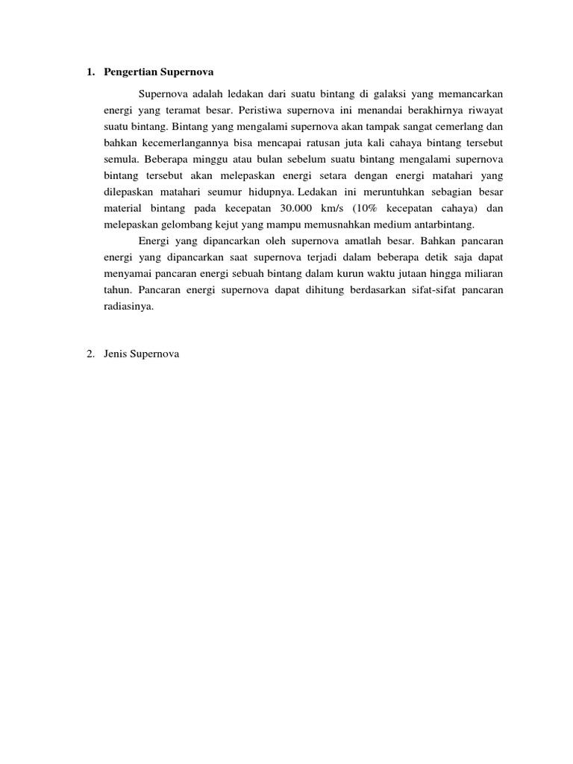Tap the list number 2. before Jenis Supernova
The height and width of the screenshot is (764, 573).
pos(90,354)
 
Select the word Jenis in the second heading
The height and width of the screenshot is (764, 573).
pos(117,354)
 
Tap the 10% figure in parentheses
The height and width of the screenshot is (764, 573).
pos(388,208)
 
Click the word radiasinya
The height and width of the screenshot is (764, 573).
pos(128,306)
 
